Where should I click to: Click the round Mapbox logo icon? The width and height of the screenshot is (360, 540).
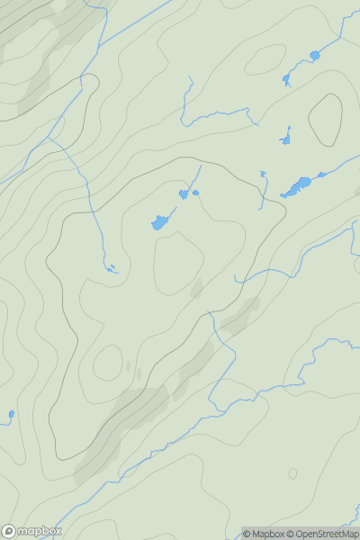pyautogui.click(x=9, y=531)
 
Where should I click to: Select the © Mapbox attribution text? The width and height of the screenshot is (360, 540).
pyautogui.click(x=263, y=534)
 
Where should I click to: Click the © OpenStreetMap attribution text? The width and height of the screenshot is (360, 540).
pyautogui.click(x=322, y=534)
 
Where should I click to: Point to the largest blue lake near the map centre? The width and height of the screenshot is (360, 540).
pyautogui.click(x=159, y=221)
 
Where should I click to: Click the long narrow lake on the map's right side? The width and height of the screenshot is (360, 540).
pyautogui.click(x=296, y=187)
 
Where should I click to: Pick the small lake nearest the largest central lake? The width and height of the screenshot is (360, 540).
pyautogui.click(x=184, y=194)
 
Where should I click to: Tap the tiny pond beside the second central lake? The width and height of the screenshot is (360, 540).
pyautogui.click(x=195, y=192)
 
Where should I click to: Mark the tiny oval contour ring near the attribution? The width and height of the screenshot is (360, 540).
pyautogui.click(x=292, y=473)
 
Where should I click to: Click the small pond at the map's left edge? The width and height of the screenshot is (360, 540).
pyautogui.click(x=11, y=415)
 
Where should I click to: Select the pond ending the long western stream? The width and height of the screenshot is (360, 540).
pyautogui.click(x=111, y=268)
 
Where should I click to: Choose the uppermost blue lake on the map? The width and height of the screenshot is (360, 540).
pyautogui.click(x=314, y=56)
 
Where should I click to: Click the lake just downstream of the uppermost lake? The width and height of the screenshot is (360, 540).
pyautogui.click(x=287, y=79)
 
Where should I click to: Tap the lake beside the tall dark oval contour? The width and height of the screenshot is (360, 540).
pyautogui.click(x=286, y=139)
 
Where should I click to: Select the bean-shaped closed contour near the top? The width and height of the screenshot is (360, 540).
pyautogui.click(x=265, y=59)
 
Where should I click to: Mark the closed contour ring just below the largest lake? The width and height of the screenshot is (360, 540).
pyautogui.click(x=179, y=263)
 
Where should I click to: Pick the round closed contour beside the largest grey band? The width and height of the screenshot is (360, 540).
pyautogui.click(x=108, y=363)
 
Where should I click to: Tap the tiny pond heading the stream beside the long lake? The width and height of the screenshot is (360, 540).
pyautogui.click(x=263, y=174)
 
